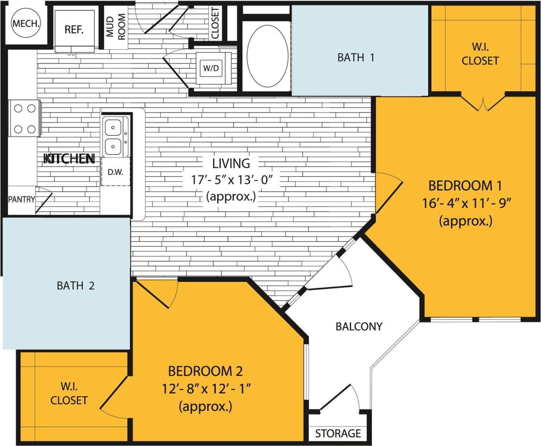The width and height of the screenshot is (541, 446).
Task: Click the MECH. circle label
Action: point(26,23)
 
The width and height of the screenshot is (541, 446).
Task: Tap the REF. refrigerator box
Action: point(74,29)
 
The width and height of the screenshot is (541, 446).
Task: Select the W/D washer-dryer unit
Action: point(210,68)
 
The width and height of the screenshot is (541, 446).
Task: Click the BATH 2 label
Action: point(76,286)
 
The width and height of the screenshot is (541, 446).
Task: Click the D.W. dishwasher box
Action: point(115,172)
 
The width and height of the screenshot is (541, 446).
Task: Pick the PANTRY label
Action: point(21,199)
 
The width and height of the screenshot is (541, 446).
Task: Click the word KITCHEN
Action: point(69,159)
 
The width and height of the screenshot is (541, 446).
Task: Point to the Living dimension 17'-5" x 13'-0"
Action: point(231,180)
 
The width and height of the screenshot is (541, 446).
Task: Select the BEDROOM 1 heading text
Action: point(465,185)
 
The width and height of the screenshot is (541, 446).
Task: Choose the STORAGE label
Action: point(338,433)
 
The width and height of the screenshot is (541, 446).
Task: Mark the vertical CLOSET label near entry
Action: point(215,23)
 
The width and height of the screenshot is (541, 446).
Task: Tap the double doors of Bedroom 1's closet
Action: point(483,104)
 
